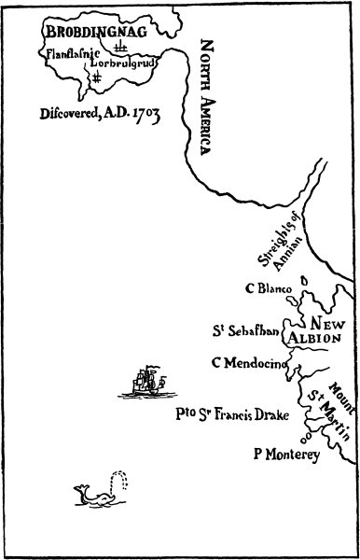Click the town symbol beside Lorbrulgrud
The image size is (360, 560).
(x=118, y=47)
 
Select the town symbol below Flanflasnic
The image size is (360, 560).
(x=96, y=78)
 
